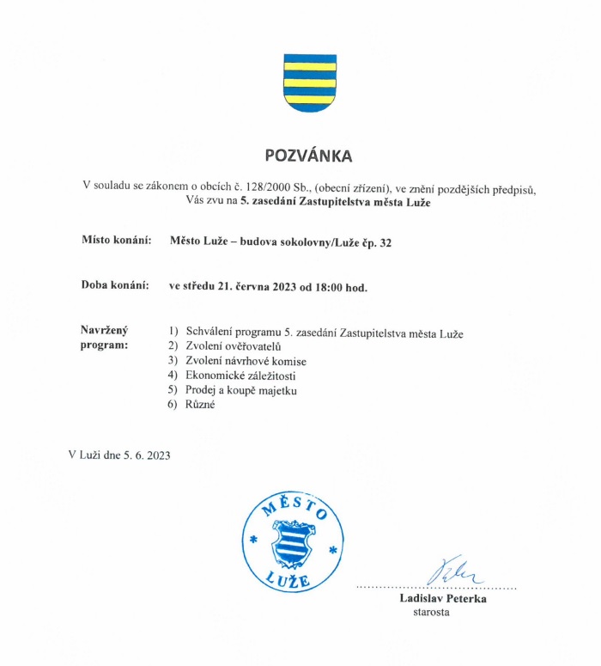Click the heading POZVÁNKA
pos(308,156)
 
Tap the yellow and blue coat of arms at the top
pos(309,82)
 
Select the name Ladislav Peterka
pos(442,599)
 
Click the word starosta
pos(431,613)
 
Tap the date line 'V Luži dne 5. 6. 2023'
pos(119,455)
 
